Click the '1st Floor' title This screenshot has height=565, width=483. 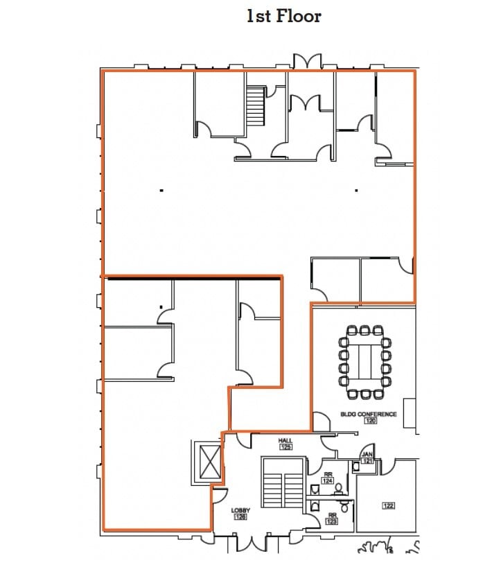(x=283, y=16)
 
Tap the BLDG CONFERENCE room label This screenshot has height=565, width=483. (x=368, y=414)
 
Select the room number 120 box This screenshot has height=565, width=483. (x=369, y=421)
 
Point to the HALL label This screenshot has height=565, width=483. (x=285, y=441)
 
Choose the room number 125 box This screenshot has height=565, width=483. (x=286, y=447)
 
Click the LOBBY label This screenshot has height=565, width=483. (x=240, y=510)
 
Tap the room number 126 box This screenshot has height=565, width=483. (x=240, y=516)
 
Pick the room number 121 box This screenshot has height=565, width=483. (x=367, y=461)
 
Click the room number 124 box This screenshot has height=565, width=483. (x=328, y=480)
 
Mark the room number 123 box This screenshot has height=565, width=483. (x=332, y=521)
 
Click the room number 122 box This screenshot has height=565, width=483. (x=388, y=505)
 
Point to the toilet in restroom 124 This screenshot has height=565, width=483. (x=339, y=488)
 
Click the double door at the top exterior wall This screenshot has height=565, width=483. (x=306, y=61)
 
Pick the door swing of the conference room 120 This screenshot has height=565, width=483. (x=321, y=421)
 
